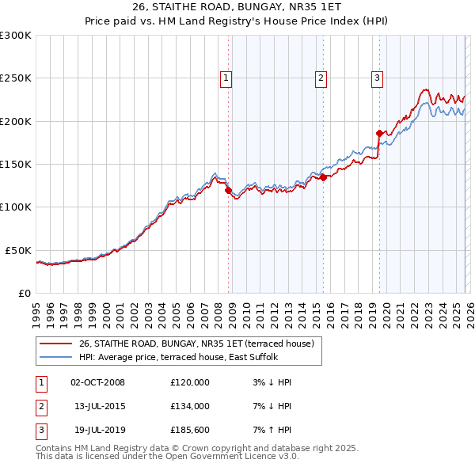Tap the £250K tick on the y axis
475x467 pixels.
click(x=16, y=78)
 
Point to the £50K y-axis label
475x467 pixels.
click(x=18, y=250)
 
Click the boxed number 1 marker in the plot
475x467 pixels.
click(x=226, y=78)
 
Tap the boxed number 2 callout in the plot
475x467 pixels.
click(x=321, y=78)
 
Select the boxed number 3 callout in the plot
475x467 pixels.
click(x=377, y=78)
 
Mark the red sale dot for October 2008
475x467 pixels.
click(x=229, y=190)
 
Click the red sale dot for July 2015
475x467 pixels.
click(x=324, y=178)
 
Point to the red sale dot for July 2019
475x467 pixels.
click(x=379, y=134)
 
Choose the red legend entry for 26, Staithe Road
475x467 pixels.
click(x=196, y=344)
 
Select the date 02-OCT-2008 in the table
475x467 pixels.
click(x=97, y=382)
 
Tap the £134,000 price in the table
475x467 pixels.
click(x=189, y=406)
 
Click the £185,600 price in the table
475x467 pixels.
click(x=189, y=430)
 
